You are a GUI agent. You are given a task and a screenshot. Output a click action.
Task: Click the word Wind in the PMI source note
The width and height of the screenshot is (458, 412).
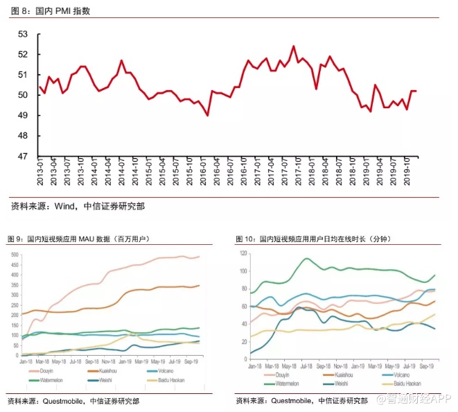coord(63,206)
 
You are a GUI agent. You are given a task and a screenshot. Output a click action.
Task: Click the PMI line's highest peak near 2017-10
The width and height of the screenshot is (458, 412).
coord(294,46)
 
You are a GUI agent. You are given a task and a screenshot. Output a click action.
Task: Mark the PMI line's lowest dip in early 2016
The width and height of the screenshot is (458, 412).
coord(208,115)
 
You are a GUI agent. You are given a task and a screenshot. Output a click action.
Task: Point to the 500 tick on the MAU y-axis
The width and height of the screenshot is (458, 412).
coord(14,255)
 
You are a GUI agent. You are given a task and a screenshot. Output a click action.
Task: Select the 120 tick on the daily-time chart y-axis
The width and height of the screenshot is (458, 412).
coord(243,252)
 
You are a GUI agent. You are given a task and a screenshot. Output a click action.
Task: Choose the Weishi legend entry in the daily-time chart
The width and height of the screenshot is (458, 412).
coord(340,381)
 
